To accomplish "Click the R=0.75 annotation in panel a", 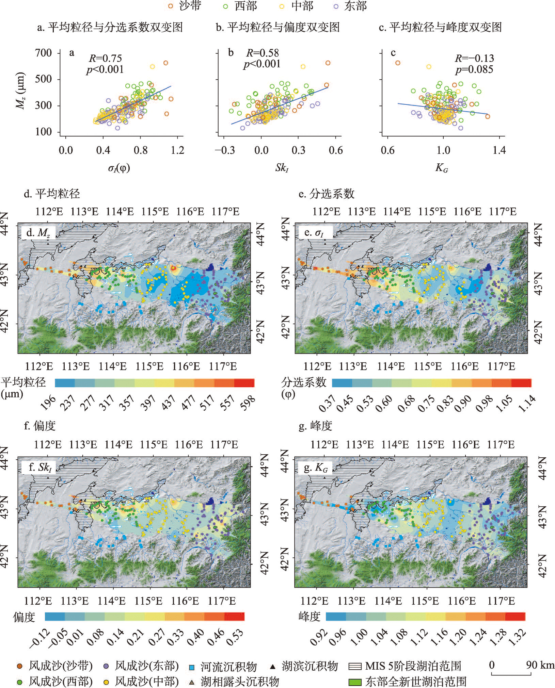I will (105, 58).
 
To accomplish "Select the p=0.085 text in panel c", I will (474, 69).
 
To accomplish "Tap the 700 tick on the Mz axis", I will (44, 53).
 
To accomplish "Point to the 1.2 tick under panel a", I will (177, 150).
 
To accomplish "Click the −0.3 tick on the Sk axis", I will (225, 150).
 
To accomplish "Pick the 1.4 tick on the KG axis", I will (499, 150).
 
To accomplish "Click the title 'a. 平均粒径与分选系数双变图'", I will (110, 28).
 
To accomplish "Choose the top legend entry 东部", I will (350, 6).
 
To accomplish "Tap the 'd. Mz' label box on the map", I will (38, 233).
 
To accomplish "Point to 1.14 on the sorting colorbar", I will (527, 403).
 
